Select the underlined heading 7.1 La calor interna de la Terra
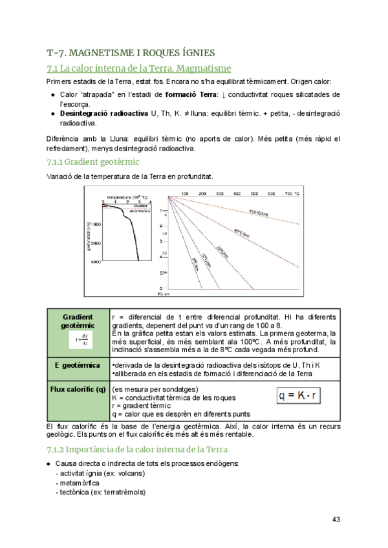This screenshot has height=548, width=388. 139,68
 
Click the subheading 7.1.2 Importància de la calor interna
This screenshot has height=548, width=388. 137,449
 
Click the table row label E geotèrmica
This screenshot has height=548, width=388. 78,366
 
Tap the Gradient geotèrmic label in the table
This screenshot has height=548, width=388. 78,321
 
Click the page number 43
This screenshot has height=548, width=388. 336,519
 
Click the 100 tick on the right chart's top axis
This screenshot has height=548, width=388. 184,193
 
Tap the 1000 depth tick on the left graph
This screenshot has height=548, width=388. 96,224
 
